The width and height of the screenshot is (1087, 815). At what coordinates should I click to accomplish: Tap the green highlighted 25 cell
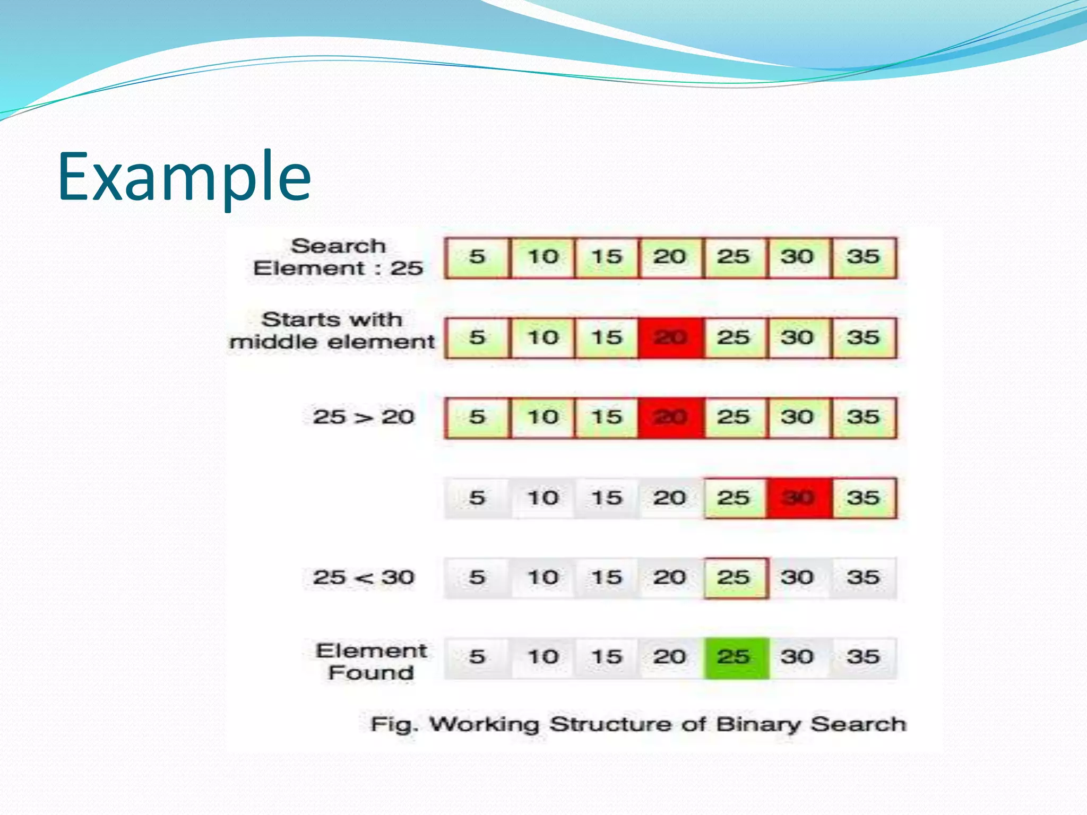[736, 657]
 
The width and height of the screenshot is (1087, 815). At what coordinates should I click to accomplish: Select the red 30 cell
[799, 498]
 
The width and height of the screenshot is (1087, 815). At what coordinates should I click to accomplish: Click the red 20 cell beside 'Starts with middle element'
[671, 338]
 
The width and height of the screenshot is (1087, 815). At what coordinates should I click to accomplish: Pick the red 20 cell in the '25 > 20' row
[671, 418]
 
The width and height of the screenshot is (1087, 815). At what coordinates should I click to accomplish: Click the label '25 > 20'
[363, 417]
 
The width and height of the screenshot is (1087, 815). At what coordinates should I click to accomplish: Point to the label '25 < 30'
[363, 577]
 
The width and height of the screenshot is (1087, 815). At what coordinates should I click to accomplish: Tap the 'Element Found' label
[371, 662]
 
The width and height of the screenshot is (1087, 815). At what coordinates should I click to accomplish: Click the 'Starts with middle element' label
[332, 331]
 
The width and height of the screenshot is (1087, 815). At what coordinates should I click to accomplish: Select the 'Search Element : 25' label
[338, 257]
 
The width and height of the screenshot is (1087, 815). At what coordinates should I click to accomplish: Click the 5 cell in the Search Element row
[477, 257]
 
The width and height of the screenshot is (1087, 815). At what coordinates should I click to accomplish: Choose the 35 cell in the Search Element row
[864, 257]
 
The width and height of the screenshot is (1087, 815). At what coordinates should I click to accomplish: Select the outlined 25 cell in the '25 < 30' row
[736, 578]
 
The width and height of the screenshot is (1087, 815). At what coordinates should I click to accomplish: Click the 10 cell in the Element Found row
[543, 657]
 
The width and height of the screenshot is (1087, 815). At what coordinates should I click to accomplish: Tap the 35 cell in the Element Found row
[864, 657]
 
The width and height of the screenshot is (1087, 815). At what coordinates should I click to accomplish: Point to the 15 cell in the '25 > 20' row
[607, 418]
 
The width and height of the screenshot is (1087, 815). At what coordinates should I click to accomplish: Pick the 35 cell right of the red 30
[864, 498]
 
